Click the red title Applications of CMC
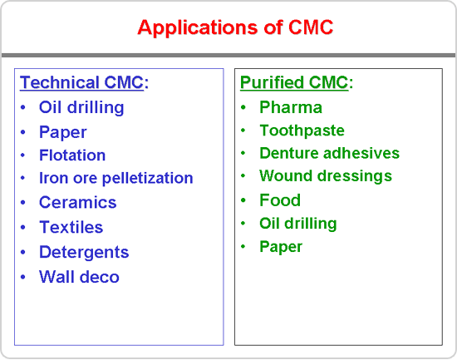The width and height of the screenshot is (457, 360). [235, 27]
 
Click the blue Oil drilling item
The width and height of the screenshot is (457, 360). [81, 107]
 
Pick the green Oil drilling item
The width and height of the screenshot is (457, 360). [298, 224]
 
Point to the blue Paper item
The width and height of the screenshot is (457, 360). [63, 132]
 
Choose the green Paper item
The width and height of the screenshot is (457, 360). [281, 247]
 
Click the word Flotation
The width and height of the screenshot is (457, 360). [72, 155]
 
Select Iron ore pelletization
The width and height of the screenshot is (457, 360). [116, 178]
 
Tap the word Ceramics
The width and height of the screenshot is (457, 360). [78, 203]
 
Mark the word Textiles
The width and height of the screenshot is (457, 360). [71, 227]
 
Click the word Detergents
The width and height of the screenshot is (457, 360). [84, 253]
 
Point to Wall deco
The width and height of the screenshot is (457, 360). [79, 277]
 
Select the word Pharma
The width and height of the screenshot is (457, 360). [291, 107]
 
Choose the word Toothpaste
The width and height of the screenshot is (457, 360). [302, 131]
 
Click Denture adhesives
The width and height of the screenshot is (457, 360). [329, 153]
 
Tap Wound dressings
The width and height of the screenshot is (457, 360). [326, 176]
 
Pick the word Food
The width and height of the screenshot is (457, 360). [280, 200]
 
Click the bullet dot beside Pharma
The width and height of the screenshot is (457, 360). [243, 107]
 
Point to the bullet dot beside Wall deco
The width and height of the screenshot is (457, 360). [23, 277]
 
